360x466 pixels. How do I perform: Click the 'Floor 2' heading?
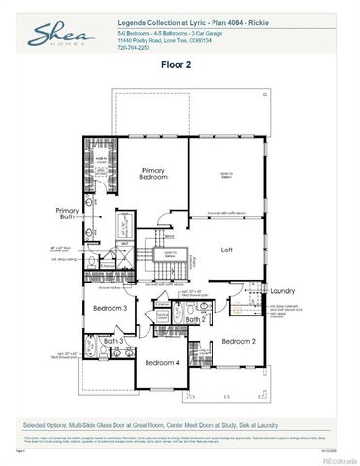tap(180, 66)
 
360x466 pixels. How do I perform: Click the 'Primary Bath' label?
tap(67, 214)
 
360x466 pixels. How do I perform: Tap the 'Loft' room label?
tap(226, 250)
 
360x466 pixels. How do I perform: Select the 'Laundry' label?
tap(281, 290)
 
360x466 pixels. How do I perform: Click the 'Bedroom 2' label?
tap(238, 341)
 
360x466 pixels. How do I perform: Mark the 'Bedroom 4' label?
tap(161, 362)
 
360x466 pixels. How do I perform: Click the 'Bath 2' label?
tap(195, 319)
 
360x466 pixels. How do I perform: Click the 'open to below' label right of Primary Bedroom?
tap(226, 176)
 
